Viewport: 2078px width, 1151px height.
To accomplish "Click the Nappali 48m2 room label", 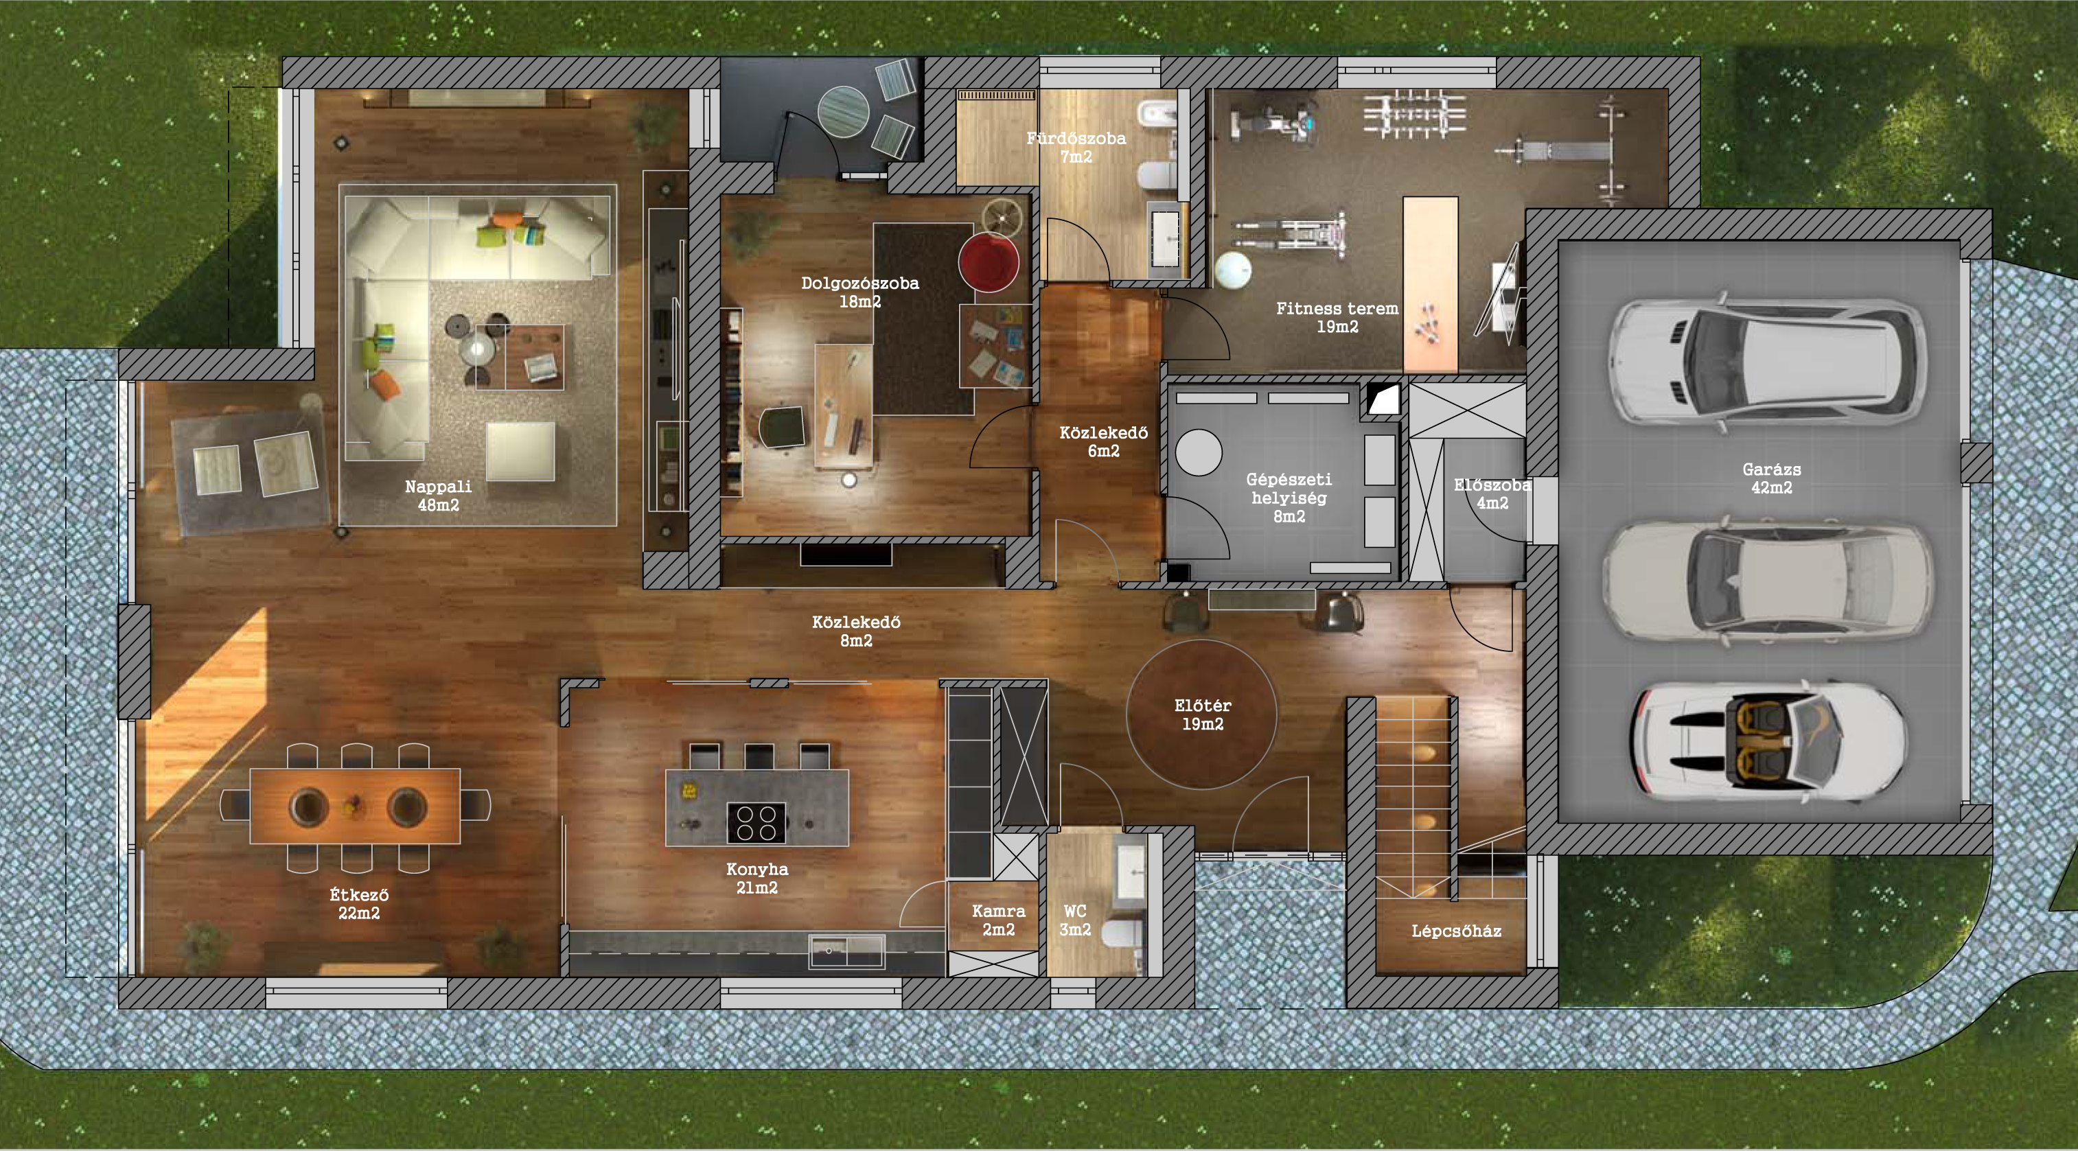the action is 438,496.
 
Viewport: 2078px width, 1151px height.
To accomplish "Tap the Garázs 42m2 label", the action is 1771,478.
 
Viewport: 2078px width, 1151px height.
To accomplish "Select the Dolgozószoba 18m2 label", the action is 860,292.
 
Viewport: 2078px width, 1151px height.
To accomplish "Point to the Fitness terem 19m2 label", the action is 1337,317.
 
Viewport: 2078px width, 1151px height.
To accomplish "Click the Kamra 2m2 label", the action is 999,920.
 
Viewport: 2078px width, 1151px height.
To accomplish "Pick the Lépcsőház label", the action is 1456,931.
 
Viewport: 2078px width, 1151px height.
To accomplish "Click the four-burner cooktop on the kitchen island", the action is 756,824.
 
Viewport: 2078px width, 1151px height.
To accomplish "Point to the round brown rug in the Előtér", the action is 1201,714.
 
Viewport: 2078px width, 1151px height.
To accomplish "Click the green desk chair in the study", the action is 782,426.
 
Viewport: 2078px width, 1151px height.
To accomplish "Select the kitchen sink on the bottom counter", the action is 846,952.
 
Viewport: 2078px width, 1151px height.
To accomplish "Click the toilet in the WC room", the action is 1121,934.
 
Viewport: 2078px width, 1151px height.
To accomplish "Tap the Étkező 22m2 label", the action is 359,903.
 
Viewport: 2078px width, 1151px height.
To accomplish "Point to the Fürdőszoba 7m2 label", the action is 1076,147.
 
